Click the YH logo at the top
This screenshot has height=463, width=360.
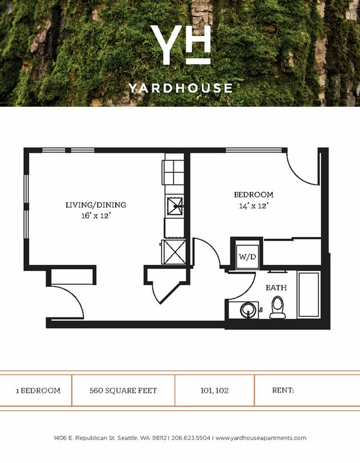click(x=181, y=44)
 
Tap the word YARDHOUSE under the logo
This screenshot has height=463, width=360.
click(x=181, y=88)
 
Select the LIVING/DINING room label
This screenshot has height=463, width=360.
click(x=92, y=205)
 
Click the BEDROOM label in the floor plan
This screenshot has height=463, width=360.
click(x=254, y=194)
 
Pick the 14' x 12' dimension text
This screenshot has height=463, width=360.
click(x=254, y=205)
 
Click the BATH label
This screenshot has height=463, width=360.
click(x=275, y=288)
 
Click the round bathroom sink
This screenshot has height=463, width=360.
click(x=249, y=310)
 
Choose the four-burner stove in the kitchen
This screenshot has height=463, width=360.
click(x=173, y=172)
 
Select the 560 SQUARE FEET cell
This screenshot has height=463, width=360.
click(x=123, y=390)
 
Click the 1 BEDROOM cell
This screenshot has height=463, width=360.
click(x=38, y=390)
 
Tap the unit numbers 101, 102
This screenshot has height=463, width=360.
click(x=214, y=390)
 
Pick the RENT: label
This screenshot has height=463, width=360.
click(x=282, y=390)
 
